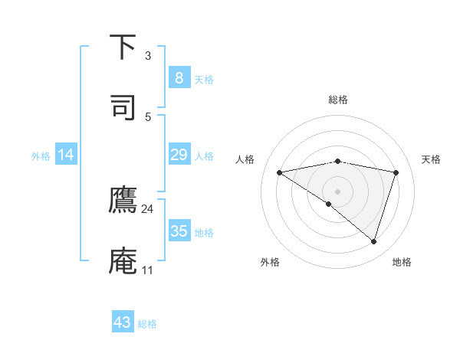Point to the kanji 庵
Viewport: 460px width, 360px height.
pos(123,260)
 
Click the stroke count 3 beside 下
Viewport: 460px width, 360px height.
pos(147,56)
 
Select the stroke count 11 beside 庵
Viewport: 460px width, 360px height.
pos(147,270)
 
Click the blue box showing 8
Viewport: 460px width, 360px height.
pos(179,77)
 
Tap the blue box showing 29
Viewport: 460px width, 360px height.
pos(179,155)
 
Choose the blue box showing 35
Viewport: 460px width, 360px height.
pos(179,231)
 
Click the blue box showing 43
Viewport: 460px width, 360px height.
pos(123,322)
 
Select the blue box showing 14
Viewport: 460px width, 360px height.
pos(66,155)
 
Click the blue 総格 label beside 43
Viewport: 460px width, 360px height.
pos(147,324)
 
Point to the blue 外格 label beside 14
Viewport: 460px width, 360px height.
pos(41,156)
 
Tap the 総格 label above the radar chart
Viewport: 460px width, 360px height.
pos(338,100)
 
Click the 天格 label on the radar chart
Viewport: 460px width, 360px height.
pos(432,159)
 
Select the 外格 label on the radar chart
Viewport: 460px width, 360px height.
pos(270,262)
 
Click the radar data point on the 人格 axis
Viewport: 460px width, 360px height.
pos(280,172)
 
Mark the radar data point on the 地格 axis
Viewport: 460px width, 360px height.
pos(374,241)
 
